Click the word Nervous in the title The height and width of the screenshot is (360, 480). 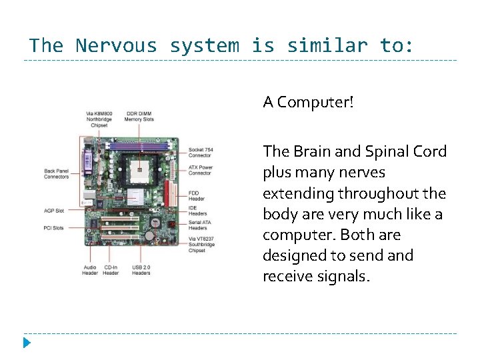point(116,46)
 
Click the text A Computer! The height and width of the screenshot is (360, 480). point(308,102)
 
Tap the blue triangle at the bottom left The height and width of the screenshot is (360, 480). point(26,343)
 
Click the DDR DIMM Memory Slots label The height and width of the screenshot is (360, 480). point(139,117)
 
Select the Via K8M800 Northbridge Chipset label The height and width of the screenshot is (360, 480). point(99,119)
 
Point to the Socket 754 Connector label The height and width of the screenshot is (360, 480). point(201,153)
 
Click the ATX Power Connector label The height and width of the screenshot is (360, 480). point(201,170)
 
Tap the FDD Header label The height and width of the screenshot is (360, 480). point(197,195)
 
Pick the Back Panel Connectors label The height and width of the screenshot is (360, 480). point(57,173)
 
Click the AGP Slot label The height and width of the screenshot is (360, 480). point(54,211)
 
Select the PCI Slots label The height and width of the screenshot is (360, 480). point(54,227)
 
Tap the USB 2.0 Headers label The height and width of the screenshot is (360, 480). point(141,271)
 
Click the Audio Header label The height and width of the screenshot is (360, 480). point(90,271)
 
